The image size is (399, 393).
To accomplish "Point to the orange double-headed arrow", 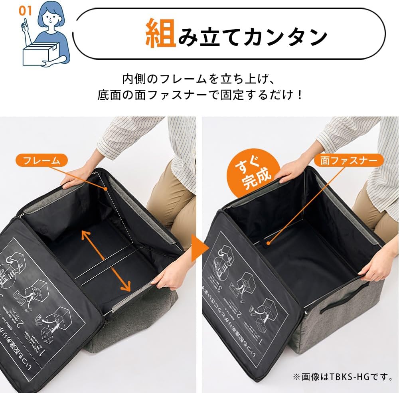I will [106, 260].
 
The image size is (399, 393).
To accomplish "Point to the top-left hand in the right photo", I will [291, 170].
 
